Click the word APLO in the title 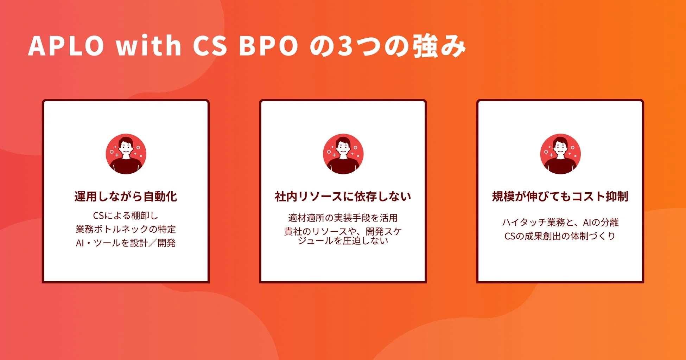[66, 46]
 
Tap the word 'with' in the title [148, 46]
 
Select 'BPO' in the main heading [268, 46]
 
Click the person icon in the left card [126, 154]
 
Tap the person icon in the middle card [343, 154]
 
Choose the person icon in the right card [560, 154]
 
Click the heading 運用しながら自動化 [126, 197]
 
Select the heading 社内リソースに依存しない [343, 197]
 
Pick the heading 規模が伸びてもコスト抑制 [560, 197]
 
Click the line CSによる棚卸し [126, 216]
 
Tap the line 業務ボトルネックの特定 [126, 229]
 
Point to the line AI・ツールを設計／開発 [126, 243]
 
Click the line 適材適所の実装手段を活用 [343, 218]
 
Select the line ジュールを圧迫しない [343, 241]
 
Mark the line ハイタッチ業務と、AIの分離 [560, 222]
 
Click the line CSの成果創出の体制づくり [560, 236]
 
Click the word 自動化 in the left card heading [160, 197]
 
